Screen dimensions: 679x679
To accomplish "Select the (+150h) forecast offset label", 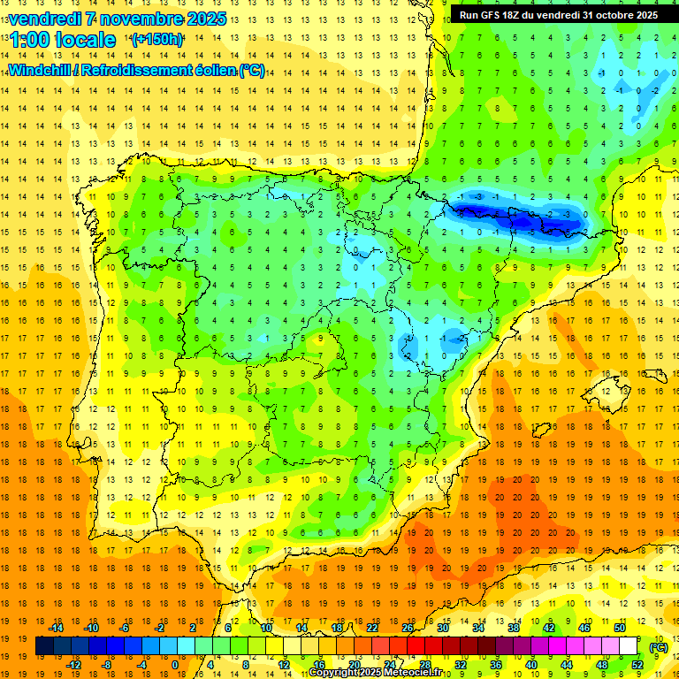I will tap(157, 40).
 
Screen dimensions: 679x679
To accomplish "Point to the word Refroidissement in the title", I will tap(137, 70).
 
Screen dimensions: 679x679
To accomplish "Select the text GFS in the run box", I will tap(497, 15).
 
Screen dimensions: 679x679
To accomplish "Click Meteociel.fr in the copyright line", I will tap(416, 673).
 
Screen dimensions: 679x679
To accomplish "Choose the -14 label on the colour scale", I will tap(56, 628).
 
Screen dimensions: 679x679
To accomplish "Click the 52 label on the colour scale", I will tap(637, 665).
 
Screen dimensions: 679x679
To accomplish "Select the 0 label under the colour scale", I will tap(175, 665).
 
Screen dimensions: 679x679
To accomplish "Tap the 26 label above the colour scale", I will tap(408, 628).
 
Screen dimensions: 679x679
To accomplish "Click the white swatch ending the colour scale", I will tap(629, 646).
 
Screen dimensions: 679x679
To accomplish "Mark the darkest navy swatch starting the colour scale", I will tap(44, 646).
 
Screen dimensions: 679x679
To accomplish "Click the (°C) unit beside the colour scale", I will tap(659, 646).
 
